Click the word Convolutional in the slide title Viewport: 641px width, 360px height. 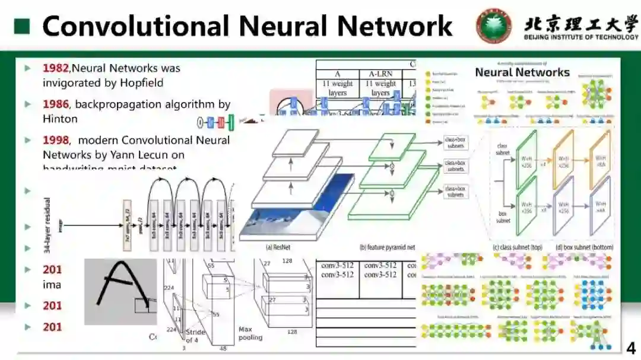136,27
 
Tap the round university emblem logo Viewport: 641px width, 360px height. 493,26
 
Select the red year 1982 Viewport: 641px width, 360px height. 56,68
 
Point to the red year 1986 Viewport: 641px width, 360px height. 56,104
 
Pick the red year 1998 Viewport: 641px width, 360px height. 56,141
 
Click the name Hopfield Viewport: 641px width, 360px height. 140,83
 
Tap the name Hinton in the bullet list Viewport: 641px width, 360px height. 60,119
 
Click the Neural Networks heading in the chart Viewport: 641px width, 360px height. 522,73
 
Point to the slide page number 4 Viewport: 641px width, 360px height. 630,348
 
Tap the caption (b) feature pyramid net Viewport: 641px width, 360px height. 387,247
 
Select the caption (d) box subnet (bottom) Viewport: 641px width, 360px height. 583,247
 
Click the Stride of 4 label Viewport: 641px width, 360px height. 196,336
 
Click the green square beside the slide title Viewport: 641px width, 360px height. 23,27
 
